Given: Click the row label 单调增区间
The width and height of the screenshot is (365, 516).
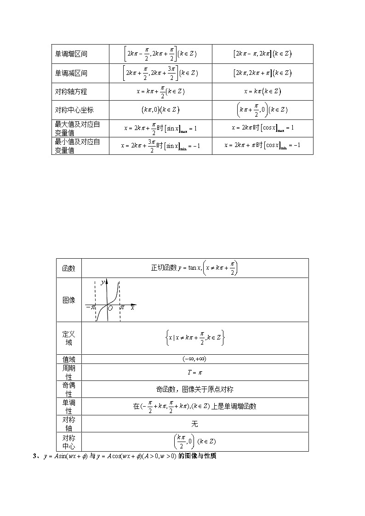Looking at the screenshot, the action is tap(71, 54).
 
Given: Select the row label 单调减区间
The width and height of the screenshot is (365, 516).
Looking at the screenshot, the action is tap(71, 73).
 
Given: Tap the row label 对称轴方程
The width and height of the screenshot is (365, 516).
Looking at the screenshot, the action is tap(71, 91).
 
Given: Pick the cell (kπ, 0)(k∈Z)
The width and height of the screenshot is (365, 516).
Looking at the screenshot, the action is tap(160, 110).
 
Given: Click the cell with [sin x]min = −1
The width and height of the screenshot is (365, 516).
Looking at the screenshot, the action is tap(160, 146).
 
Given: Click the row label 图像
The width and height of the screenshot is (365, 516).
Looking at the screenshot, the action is tap(68, 300).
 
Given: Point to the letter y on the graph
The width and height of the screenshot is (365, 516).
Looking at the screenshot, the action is tap(103, 281).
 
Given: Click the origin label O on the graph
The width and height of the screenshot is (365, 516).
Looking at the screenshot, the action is tap(110, 309).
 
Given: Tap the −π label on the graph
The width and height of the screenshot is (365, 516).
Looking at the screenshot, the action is tap(90, 307).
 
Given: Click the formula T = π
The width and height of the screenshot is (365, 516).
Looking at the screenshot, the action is tap(194, 372).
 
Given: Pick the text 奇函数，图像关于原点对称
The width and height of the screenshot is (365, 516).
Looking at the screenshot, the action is tap(194, 389).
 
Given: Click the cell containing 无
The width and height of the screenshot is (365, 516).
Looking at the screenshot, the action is tap(194, 424).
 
